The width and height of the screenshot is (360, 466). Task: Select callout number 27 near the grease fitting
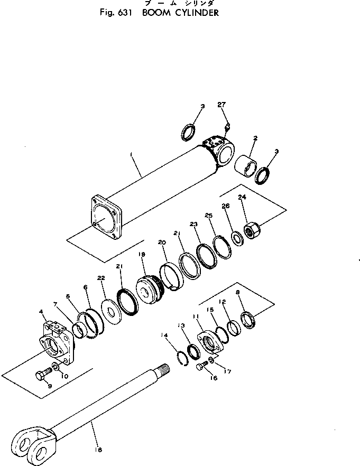[221, 105]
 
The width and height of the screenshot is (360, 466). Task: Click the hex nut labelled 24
[251, 230]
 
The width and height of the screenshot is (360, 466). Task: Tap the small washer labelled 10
[57, 367]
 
